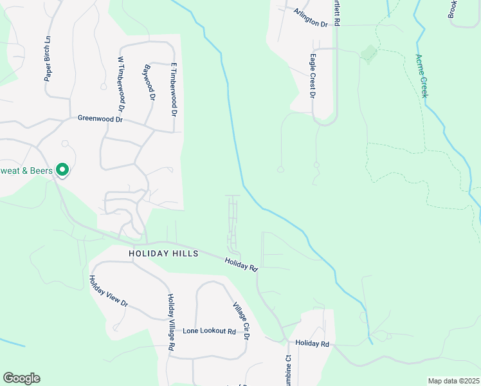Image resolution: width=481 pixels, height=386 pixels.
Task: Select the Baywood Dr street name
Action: click(150, 82)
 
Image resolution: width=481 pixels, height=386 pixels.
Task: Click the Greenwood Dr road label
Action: click(100, 119)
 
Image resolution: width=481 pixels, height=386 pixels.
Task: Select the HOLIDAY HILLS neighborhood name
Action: click(163, 253)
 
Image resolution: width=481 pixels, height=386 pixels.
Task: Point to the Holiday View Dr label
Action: click(109, 291)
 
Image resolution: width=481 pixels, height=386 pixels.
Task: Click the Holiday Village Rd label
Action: click(172, 322)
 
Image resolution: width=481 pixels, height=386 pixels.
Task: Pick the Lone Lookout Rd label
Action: click(209, 331)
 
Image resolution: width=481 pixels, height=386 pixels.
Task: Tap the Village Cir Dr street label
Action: click(241, 320)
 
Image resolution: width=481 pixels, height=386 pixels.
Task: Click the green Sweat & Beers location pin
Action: click(62, 170)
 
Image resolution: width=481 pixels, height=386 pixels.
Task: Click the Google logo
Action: click(21, 378)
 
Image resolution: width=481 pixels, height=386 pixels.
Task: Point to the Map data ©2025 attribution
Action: click(453, 381)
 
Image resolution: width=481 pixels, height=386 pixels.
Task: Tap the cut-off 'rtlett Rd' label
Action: click(336, 12)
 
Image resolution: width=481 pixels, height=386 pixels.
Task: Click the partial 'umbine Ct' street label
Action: click(289, 372)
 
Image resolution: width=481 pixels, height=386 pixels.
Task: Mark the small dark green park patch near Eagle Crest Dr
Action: click(368, 53)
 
